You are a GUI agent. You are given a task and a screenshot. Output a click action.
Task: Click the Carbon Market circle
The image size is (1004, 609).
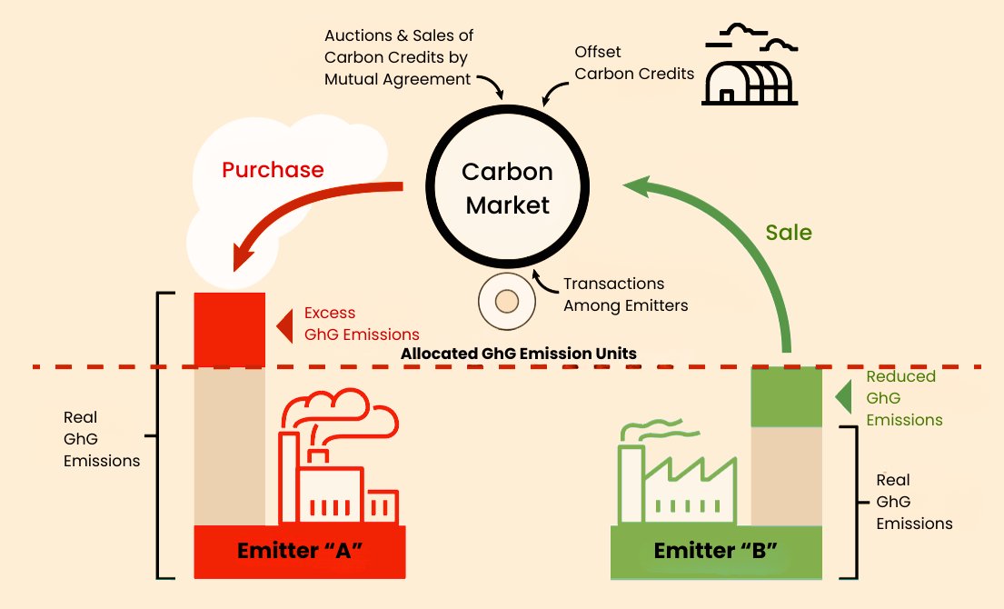point(507,188)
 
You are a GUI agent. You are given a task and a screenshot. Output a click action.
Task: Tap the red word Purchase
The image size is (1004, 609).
point(273,170)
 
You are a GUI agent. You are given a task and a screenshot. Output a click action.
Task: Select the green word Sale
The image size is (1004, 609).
point(788,232)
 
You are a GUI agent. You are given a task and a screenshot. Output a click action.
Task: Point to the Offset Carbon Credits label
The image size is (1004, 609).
point(634,64)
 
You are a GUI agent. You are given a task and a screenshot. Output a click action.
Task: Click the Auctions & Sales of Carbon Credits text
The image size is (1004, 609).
point(398,57)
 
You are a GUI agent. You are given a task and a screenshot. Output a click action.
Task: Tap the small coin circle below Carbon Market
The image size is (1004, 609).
point(507,301)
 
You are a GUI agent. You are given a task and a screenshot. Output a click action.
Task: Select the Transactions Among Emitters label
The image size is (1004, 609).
point(625,295)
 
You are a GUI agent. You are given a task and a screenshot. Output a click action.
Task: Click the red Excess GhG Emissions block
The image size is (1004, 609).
point(230,328)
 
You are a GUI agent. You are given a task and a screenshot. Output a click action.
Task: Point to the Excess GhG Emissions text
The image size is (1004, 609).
point(361,323)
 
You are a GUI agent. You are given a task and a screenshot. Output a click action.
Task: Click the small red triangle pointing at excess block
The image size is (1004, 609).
point(283,324)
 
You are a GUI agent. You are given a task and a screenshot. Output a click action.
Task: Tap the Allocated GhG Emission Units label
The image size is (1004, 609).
point(519,353)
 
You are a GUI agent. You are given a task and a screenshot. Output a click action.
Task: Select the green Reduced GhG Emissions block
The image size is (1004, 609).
point(786,396)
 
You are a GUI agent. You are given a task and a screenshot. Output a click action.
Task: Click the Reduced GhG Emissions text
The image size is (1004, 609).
point(903,398)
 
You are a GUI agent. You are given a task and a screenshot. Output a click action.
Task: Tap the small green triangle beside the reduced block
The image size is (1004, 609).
point(843,397)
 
